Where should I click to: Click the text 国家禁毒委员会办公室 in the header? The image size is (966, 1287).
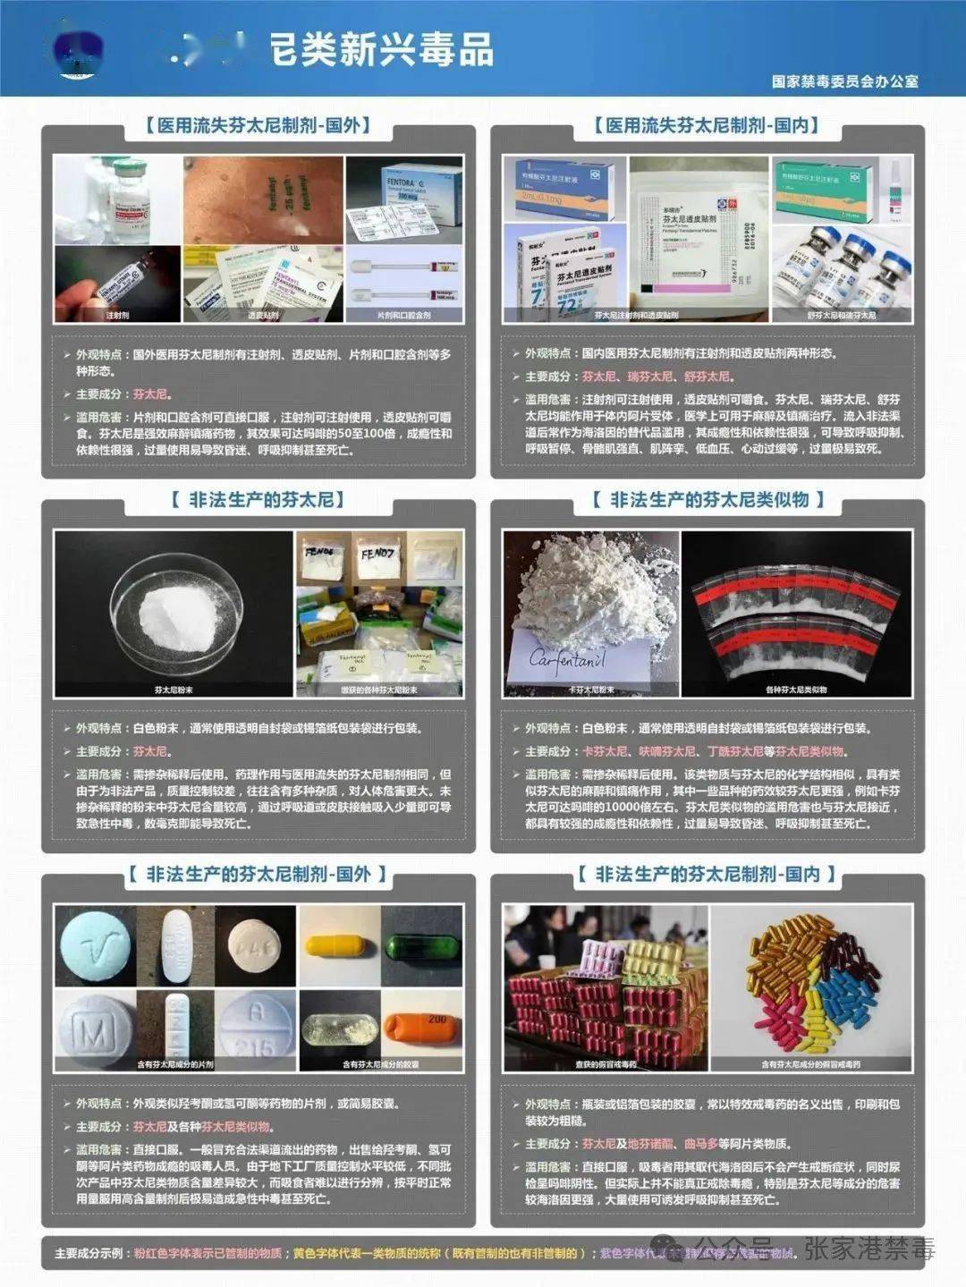tap(844, 81)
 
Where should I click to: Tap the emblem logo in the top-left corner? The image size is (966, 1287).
tap(79, 53)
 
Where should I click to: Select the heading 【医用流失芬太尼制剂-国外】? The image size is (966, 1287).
tap(257, 125)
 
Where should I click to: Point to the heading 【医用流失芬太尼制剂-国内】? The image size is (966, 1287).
tap(707, 125)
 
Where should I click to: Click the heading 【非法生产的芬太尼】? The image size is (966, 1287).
tap(257, 499)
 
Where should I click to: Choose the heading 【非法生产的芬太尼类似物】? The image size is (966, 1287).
tap(707, 499)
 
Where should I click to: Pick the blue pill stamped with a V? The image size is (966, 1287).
tap(94, 945)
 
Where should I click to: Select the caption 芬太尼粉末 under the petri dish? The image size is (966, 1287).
tap(174, 690)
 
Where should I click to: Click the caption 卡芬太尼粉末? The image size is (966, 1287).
tap(590, 690)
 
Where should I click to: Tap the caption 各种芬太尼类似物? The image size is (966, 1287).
tap(796, 690)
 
